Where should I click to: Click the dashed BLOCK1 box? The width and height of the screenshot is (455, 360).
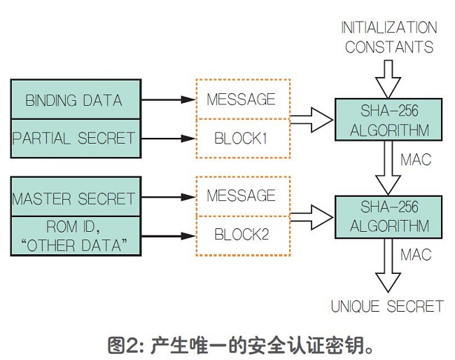(x=241, y=138)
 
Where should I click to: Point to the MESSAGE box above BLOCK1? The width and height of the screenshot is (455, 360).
(x=241, y=99)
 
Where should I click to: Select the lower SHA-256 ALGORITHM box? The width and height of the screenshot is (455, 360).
(x=388, y=218)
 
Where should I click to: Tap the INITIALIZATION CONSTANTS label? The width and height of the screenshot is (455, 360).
(x=388, y=37)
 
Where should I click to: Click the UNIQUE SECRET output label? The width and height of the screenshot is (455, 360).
(x=387, y=306)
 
